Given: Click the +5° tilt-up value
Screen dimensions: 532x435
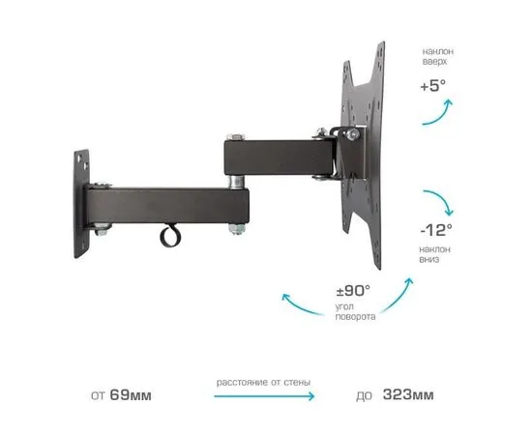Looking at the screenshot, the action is [433, 85].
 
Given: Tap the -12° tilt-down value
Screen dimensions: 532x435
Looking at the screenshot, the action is [436, 230].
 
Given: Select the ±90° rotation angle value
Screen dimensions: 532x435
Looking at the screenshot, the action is [353, 290].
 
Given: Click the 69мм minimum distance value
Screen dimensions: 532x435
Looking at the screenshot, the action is [131, 395].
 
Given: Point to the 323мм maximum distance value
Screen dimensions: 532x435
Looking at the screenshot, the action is [408, 394].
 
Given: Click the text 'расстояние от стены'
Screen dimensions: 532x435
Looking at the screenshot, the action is [263, 383].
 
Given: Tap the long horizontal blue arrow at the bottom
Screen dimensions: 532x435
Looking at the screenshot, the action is [264, 396].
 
